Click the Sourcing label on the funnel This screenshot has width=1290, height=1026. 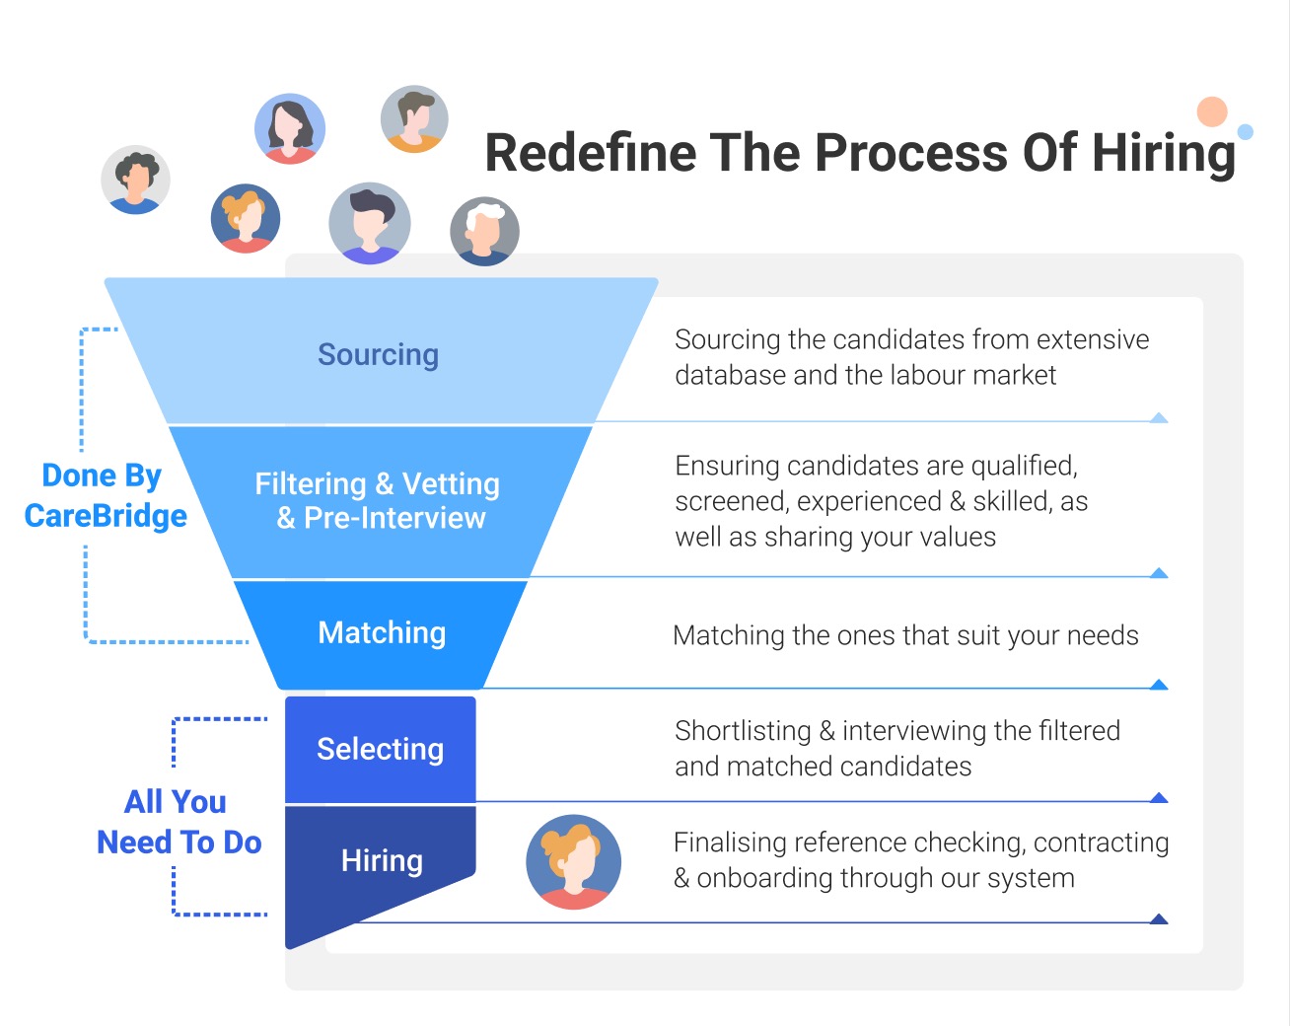point(378,355)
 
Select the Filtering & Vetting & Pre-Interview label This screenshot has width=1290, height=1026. point(379,501)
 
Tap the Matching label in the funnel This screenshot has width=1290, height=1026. point(382,632)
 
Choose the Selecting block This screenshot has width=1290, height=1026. point(380,750)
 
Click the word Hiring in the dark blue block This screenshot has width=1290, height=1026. point(382,861)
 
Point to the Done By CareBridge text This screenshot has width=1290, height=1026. point(105,496)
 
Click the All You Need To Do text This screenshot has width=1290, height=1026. point(179,822)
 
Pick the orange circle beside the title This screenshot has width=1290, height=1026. point(1212,112)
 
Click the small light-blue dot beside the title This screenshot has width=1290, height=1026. point(1245,132)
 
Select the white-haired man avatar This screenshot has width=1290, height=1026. point(484,232)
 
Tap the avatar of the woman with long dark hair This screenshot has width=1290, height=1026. point(289,129)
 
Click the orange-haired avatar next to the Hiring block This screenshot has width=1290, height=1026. point(574,861)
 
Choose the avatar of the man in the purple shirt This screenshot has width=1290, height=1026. point(370,223)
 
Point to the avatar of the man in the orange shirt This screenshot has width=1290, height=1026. point(415,118)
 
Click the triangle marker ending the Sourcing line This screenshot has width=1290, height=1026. point(1159,418)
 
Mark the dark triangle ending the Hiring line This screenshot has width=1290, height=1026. point(1159,919)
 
